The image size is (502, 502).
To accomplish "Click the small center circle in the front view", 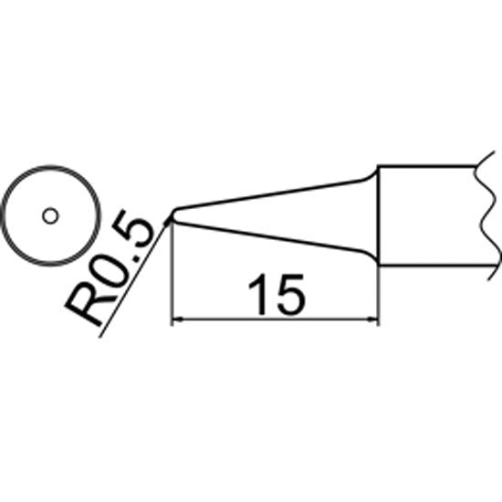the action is point(50,216).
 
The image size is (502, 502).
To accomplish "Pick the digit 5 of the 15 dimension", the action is point(290,294).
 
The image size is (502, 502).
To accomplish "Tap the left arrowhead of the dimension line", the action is point(177,319).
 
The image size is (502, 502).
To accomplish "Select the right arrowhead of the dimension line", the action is point(373,319).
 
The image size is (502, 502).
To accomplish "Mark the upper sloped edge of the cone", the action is point(269,194).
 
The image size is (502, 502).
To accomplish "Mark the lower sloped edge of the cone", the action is point(269,236).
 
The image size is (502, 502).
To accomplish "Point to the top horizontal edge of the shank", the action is point(426,166).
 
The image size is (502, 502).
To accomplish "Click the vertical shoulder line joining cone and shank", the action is point(379,215).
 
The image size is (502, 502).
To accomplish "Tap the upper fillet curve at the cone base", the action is point(370,175).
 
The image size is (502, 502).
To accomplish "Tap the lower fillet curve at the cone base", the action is point(371,256).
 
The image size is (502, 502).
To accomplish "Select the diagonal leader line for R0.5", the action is point(133,278).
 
